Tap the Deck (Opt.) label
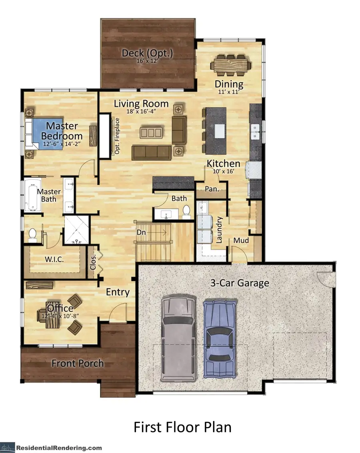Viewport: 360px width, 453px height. [148, 53]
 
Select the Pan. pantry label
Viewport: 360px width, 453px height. [212, 189]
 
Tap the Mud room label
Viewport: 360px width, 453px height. [242, 240]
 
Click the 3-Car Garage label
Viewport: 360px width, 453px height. [240, 283]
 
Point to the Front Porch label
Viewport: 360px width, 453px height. [78, 363]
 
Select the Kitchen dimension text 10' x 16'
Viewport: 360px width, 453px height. [223, 171]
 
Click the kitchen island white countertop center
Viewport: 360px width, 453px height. [220, 131]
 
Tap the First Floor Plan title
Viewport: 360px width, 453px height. [182, 427]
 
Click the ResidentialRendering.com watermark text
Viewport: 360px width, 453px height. [59, 448]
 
